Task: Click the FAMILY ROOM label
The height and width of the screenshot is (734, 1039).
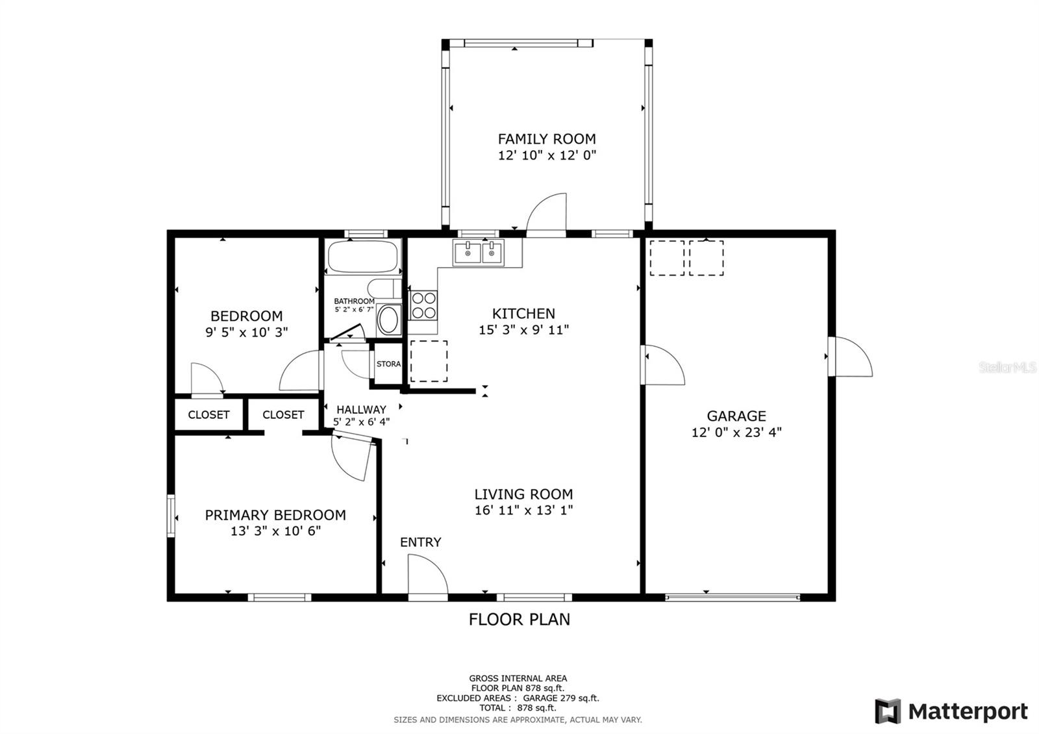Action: tap(547, 139)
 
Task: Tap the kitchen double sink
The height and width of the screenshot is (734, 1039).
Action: tap(479, 253)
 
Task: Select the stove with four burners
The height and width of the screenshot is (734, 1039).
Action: tap(423, 305)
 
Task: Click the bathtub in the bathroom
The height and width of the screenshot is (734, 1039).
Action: tap(363, 257)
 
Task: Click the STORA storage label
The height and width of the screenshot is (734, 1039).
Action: tap(388, 364)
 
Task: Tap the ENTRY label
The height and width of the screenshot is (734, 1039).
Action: tap(420, 542)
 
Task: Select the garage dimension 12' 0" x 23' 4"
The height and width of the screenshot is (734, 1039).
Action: tap(736, 433)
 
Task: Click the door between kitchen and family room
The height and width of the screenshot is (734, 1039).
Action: tap(547, 216)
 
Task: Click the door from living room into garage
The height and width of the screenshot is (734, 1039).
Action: tap(662, 365)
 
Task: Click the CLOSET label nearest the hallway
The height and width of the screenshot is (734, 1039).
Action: tap(283, 415)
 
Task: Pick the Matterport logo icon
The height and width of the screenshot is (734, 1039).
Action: tap(888, 711)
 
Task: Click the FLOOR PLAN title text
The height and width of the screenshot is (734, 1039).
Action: tap(519, 620)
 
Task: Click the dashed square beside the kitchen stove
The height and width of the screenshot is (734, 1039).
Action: tap(429, 361)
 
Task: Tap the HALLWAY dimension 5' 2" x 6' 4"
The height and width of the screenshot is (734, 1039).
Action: tap(361, 422)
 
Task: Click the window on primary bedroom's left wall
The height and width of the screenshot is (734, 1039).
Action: tap(171, 516)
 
